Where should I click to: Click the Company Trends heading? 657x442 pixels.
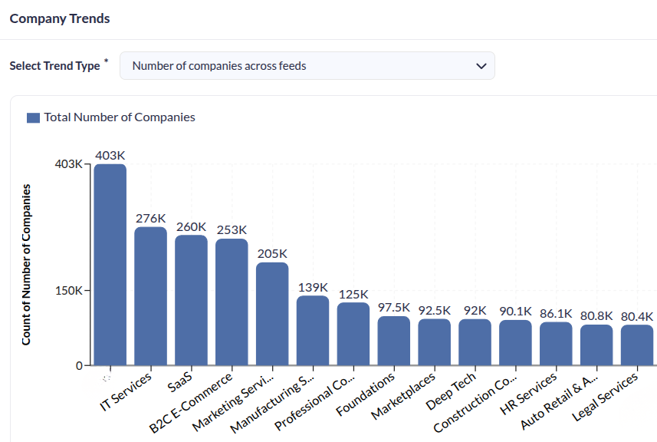(x=60, y=18)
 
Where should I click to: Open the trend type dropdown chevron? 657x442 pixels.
(x=481, y=66)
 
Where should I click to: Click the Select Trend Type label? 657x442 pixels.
(x=54, y=66)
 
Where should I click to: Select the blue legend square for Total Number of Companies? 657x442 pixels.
(x=33, y=117)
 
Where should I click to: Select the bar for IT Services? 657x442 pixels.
(x=150, y=295)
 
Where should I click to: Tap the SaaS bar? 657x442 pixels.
(x=191, y=299)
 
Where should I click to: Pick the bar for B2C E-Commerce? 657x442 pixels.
(x=232, y=302)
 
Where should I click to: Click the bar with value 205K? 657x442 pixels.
(x=272, y=313)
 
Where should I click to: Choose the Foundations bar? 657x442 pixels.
(x=394, y=340)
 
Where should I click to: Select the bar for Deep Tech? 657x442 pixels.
(x=475, y=341)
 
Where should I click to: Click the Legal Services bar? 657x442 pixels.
(x=637, y=345)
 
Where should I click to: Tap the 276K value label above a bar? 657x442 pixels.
(x=151, y=218)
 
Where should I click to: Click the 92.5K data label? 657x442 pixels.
(x=435, y=310)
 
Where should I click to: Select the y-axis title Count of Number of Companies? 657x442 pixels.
(x=26, y=264)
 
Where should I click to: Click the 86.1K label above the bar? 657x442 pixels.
(x=556, y=313)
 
